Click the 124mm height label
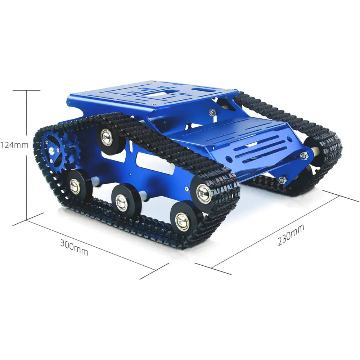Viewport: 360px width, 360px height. pos(14,145)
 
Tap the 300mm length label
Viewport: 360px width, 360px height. pos(74,247)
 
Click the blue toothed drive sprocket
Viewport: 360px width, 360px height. pos(55,151)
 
